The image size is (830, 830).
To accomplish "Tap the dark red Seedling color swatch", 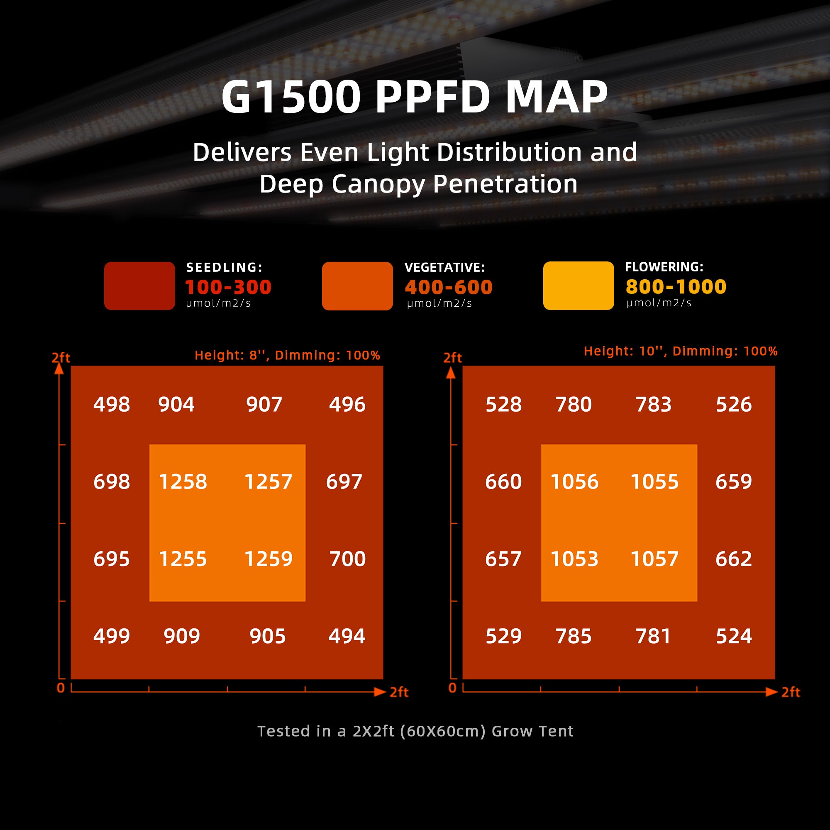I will (x=139, y=286).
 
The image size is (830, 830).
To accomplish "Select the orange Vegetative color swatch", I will (x=357, y=286).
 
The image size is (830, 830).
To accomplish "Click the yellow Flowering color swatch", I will (x=578, y=285).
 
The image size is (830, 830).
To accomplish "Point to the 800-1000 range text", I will (x=675, y=286).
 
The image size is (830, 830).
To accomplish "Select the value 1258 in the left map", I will (x=183, y=481).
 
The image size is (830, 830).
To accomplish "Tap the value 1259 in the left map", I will (x=268, y=559).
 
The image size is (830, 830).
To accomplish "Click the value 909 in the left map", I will (x=182, y=636).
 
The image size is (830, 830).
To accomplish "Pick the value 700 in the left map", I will (x=347, y=559).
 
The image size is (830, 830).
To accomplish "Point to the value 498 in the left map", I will (x=112, y=404).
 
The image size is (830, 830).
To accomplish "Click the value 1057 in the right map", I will (x=654, y=559).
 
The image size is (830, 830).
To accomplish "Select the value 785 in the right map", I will (x=574, y=636).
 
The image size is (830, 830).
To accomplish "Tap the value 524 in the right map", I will (x=734, y=636).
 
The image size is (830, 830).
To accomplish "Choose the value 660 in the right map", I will (x=503, y=481).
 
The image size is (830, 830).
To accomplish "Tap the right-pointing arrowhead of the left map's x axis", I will (x=379, y=692).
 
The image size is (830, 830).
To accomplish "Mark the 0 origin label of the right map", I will (x=452, y=688).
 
